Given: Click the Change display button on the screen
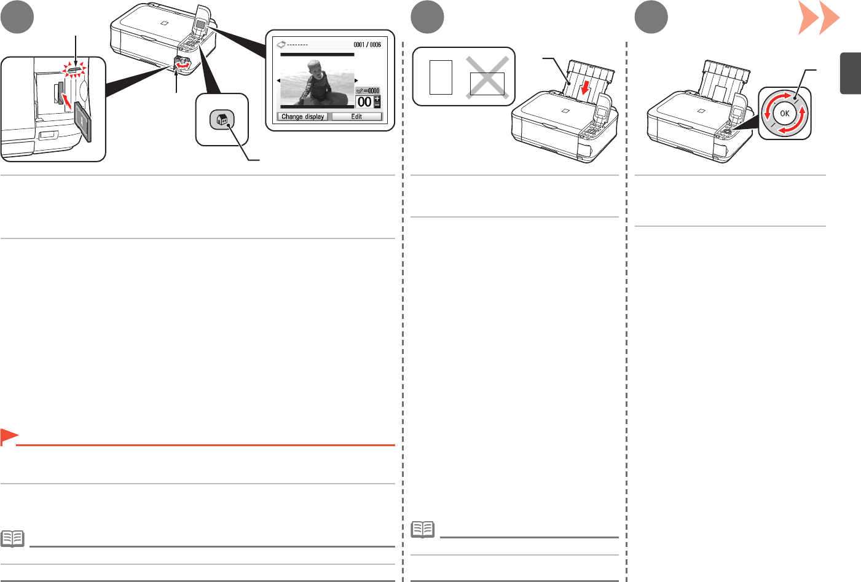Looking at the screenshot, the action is tap(302, 116).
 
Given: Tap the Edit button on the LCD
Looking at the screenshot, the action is tap(356, 116).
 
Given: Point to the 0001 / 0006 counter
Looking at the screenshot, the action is tap(367, 44).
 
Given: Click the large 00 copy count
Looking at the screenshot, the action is tap(364, 102).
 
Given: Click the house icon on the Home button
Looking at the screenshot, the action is tap(222, 120).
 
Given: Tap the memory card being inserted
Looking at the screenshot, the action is tap(83, 120).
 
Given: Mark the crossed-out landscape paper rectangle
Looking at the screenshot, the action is tap(487, 84).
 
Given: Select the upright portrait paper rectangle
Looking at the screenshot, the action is tap(441, 77).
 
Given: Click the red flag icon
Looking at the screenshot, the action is tap(9, 437).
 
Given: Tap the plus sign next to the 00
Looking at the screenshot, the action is tap(377, 98).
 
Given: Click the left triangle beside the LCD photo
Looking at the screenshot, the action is tap(278, 81).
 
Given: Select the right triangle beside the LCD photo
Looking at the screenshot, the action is tap(356, 81).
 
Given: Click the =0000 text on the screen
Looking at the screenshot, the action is tap(371, 90).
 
